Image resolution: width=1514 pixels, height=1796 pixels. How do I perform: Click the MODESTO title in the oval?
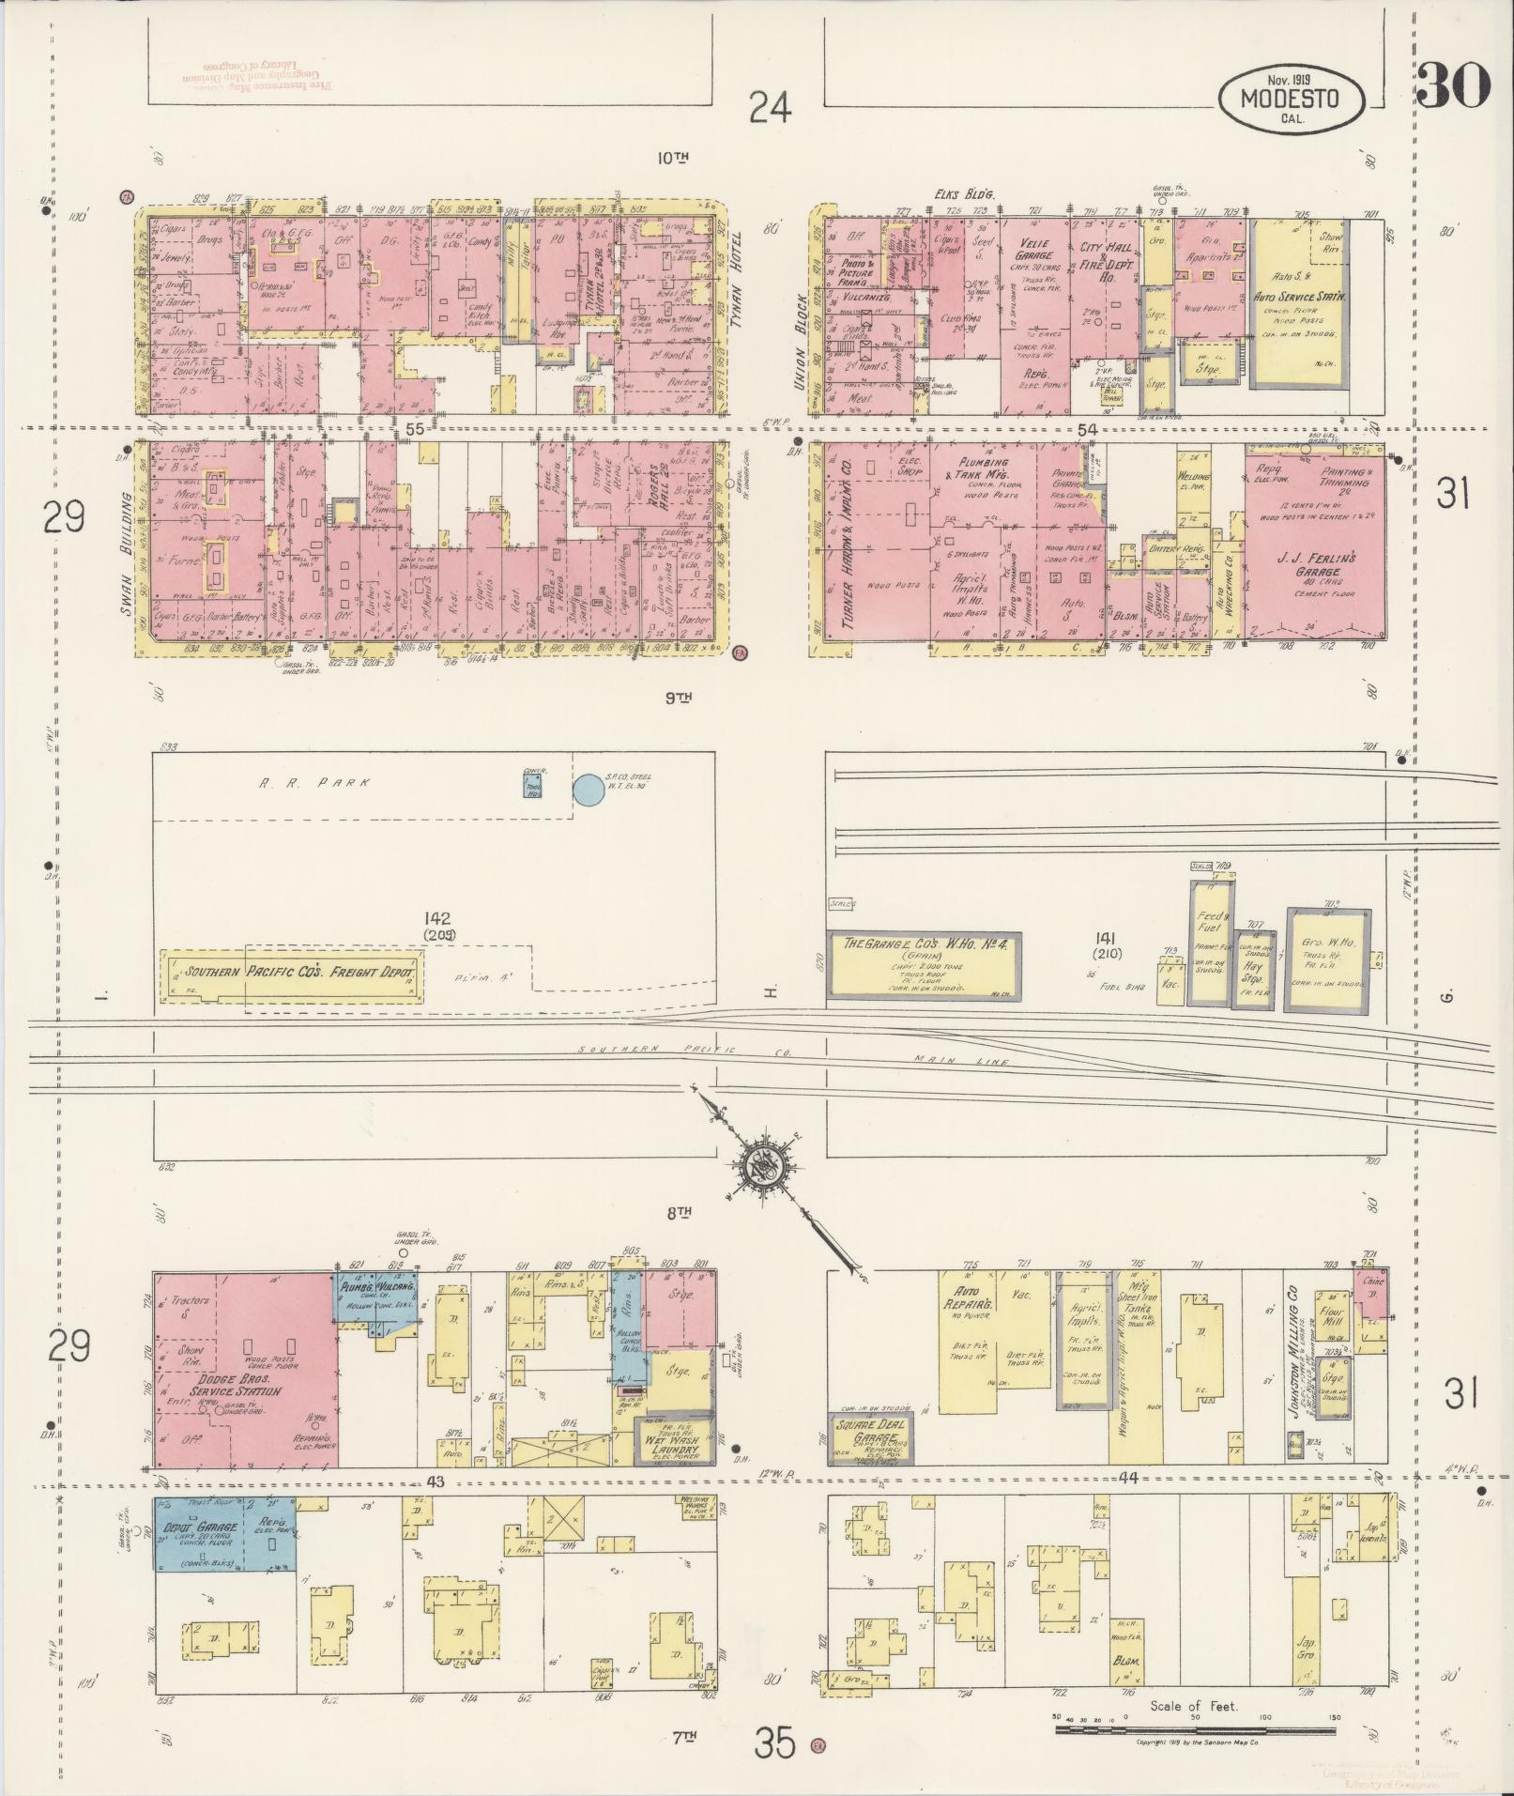tap(1291, 98)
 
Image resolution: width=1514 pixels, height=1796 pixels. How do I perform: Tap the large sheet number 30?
tap(1453, 85)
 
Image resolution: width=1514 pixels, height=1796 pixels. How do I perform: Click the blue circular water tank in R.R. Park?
tap(589, 790)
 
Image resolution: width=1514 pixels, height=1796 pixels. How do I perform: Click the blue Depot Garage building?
tap(225, 1534)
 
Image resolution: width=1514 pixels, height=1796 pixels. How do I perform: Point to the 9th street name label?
tap(678, 698)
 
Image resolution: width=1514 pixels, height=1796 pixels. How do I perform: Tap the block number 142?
tap(436, 918)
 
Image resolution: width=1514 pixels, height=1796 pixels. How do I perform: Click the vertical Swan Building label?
tap(130, 554)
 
